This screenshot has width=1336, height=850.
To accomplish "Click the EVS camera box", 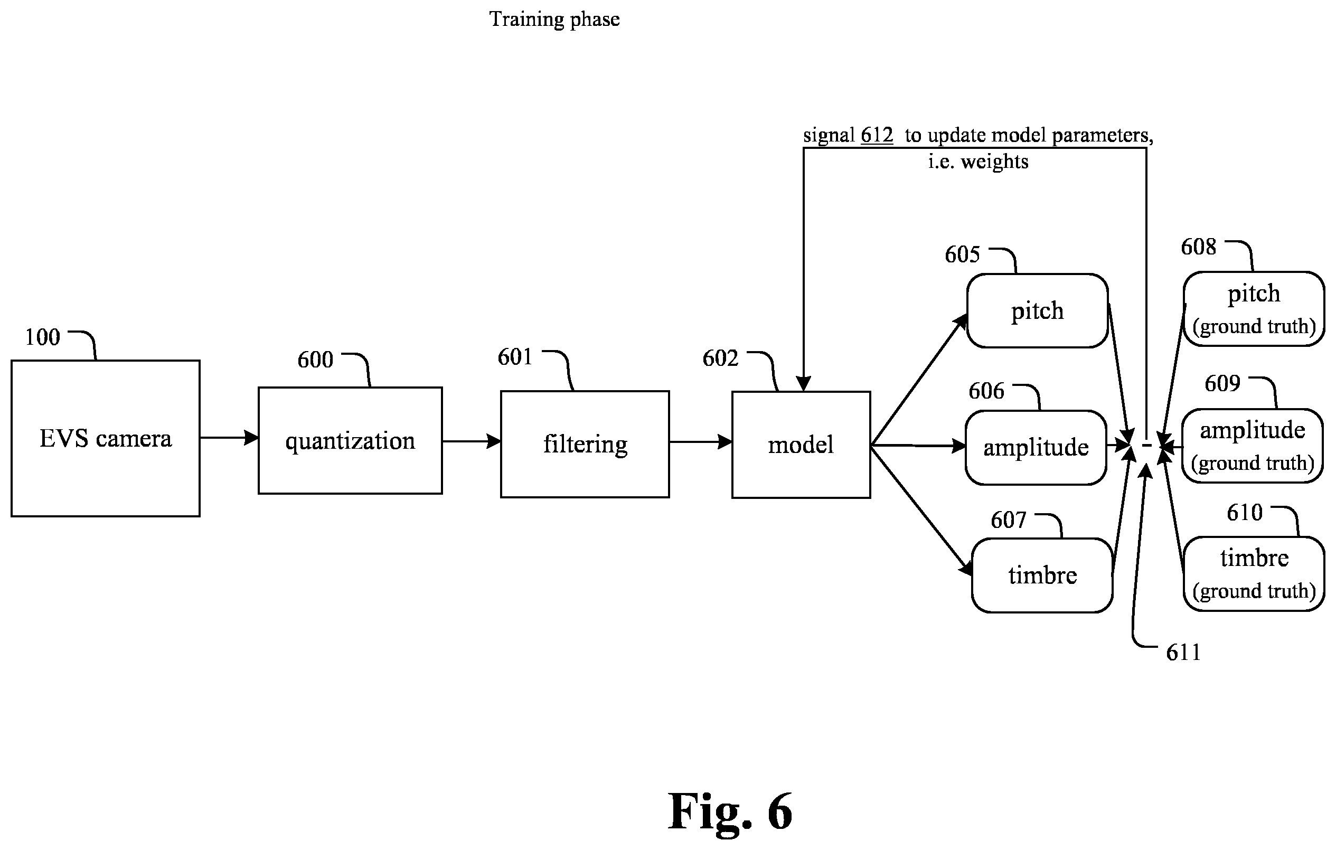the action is coord(106,438).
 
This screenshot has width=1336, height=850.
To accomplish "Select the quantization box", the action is coord(350,440).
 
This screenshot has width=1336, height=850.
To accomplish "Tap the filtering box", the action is coord(585,444).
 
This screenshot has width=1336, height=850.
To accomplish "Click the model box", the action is coord(801,445).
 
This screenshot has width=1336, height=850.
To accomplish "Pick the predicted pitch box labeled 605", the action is coord(1038,311).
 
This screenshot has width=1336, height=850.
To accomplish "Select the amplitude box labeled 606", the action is coord(1036,447).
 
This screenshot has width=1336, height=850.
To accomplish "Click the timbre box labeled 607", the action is coord(1042,575).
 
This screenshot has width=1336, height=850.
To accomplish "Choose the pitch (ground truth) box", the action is coord(1254,309).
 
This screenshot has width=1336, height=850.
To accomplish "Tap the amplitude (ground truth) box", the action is coord(1253,446).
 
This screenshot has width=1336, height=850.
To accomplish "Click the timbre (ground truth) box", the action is coord(1254,574).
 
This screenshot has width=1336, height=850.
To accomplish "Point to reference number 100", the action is coord(43,337).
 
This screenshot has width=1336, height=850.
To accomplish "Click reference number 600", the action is coord(315,360).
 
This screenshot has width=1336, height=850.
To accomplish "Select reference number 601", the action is coord(515,357).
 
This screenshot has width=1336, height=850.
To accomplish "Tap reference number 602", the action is coord(720,358).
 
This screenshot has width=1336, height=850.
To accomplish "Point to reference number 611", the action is coord(1183,653).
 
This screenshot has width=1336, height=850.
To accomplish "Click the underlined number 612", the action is coord(877,135).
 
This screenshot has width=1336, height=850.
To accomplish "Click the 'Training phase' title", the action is coord(554,20).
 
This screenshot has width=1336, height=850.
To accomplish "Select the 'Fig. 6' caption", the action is coord(730,811).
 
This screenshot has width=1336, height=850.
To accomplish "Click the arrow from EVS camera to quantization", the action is coord(229,438).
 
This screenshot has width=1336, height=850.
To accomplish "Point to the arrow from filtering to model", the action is coord(701,442).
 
